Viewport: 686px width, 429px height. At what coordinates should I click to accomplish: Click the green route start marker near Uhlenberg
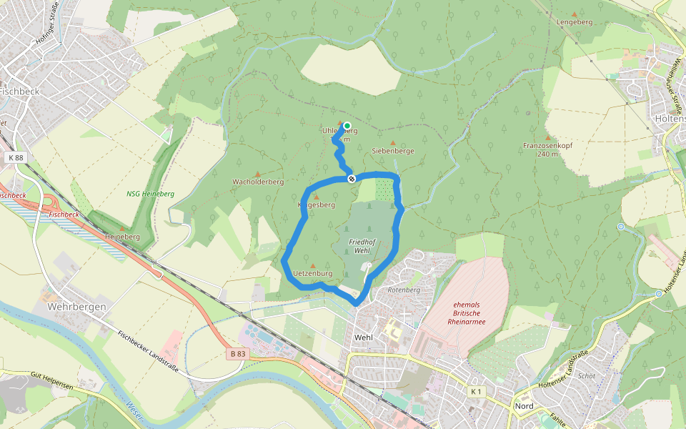tap(347, 126)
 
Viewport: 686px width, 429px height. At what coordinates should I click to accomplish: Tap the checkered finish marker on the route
tap(352, 179)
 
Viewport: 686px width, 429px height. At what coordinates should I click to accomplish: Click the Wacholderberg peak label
tap(258, 182)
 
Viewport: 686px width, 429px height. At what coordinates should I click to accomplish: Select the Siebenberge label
tap(393, 151)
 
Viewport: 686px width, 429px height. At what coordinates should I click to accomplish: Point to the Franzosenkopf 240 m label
tap(548, 149)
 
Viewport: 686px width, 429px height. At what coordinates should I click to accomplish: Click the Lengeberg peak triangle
tap(575, 14)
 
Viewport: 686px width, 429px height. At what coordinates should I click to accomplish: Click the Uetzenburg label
tap(313, 273)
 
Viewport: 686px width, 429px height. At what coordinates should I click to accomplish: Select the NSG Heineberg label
tap(150, 194)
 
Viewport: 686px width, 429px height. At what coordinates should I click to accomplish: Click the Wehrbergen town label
tap(76, 307)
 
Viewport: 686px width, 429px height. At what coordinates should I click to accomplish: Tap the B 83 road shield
tap(239, 353)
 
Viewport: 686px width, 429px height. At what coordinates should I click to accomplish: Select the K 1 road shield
tap(477, 391)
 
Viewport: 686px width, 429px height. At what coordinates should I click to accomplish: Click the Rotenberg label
tap(403, 290)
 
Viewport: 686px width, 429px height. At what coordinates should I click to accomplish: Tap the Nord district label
tap(524, 406)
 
